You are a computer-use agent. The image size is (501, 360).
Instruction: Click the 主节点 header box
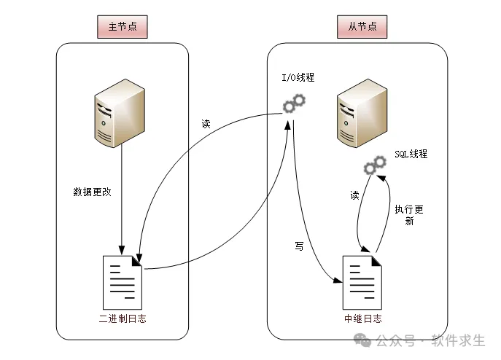pyautogui.click(x=123, y=28)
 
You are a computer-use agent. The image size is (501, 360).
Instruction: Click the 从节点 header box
pyautogui.click(x=362, y=28)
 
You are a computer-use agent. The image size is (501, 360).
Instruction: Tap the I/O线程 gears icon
pyautogui.click(x=294, y=104)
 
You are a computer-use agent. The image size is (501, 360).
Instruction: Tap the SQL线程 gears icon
pyautogui.click(x=375, y=165)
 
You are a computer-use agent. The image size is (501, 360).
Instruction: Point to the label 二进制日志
pyautogui.click(x=123, y=319)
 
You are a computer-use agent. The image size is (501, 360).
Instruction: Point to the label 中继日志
pyautogui.click(x=362, y=319)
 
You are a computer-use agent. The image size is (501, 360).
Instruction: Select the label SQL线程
pyautogui.click(x=410, y=154)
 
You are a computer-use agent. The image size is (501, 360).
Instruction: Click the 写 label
pyautogui.click(x=299, y=247)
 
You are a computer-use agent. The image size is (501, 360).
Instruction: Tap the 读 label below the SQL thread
pyautogui.click(x=355, y=195)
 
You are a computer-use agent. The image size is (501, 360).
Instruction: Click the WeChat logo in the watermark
pyautogui.click(x=362, y=341)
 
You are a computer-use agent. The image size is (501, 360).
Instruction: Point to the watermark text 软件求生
pyautogui.click(x=459, y=341)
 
